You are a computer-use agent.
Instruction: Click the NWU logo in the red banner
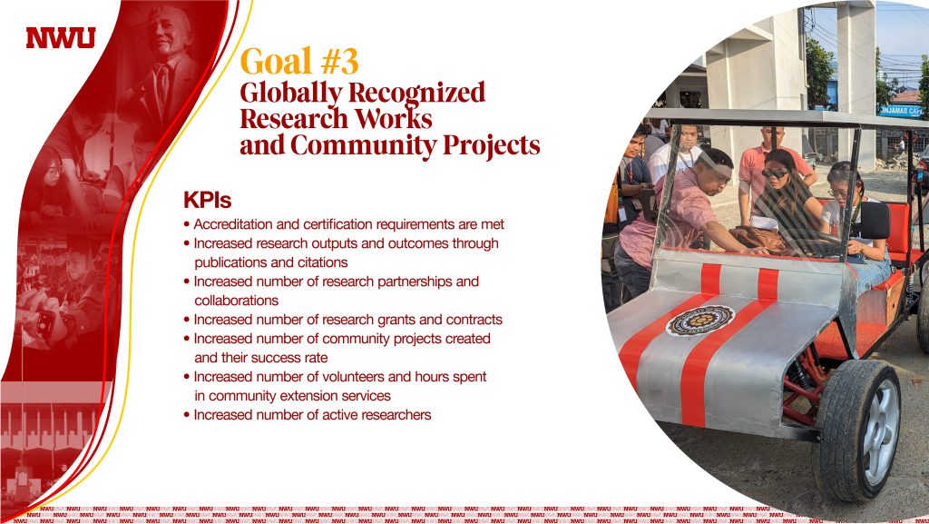click(61, 38)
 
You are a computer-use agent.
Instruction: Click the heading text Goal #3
click(299, 62)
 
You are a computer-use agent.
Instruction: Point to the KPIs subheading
click(208, 201)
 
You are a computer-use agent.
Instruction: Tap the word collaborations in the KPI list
click(237, 301)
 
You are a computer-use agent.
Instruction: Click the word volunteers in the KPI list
click(354, 377)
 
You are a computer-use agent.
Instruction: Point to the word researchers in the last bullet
click(396, 415)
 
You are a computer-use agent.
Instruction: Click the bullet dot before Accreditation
click(187, 225)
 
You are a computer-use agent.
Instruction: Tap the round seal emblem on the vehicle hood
click(700, 321)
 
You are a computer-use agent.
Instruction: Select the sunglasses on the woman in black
click(775, 173)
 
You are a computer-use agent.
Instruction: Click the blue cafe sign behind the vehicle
click(901, 111)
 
